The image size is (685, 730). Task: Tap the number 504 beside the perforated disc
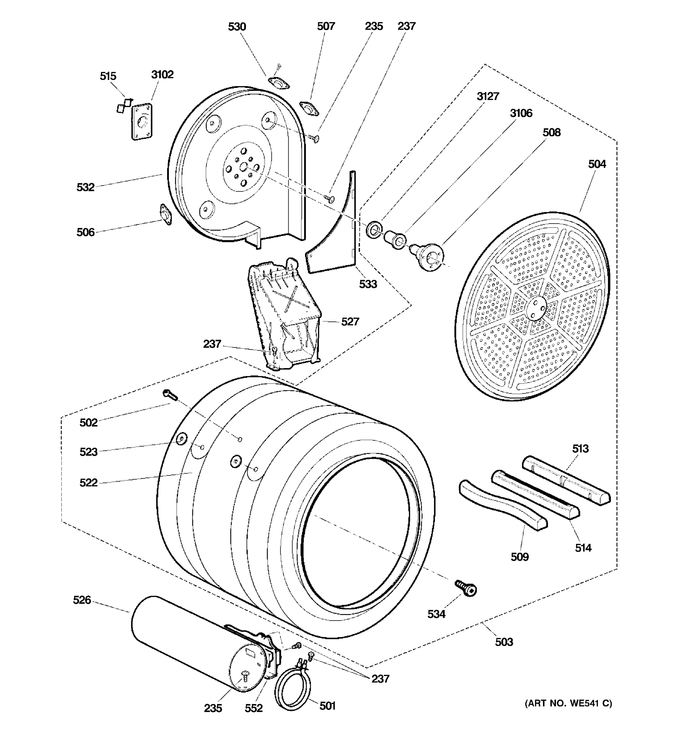point(597,164)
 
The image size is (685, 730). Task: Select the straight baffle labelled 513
point(566,480)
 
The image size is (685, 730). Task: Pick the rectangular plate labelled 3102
point(142,122)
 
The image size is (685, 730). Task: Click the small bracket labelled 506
point(165,214)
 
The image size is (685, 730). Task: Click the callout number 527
point(350,322)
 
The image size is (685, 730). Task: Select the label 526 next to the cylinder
point(82,600)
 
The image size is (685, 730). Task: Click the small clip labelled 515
point(124,105)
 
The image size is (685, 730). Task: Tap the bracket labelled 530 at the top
point(279,83)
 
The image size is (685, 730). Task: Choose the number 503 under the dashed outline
point(504,642)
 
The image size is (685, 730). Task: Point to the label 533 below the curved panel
point(368,284)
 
